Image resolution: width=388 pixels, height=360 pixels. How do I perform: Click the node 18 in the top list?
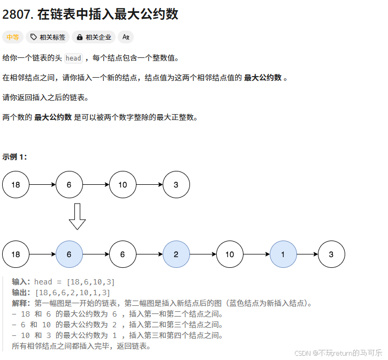[16, 185]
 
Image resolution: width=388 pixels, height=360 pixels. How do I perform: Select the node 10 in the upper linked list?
[123, 185]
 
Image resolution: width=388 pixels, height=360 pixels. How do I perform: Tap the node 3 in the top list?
[176, 185]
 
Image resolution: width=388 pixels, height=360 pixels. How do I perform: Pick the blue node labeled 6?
[69, 254]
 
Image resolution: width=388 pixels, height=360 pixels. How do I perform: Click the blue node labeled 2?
[176, 254]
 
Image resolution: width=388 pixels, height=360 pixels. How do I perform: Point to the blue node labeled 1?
[283, 254]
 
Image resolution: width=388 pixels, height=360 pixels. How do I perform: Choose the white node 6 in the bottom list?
[123, 254]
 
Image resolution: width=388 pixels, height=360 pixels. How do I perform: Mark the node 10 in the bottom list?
[230, 254]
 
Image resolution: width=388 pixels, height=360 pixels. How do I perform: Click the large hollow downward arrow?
[78, 216]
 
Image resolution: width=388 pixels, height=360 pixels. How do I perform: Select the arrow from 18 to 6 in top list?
[42, 185]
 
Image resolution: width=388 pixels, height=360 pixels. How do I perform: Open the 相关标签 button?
[48, 37]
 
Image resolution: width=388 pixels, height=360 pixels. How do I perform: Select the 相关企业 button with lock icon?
[94, 37]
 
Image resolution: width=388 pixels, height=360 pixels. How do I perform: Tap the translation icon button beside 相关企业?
[126, 37]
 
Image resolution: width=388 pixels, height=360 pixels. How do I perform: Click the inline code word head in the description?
[73, 58]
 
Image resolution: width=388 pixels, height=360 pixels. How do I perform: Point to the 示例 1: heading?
[14, 157]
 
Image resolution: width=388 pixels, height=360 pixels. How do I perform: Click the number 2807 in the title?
[16, 14]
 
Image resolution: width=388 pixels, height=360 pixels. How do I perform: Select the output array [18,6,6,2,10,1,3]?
[72, 292]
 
